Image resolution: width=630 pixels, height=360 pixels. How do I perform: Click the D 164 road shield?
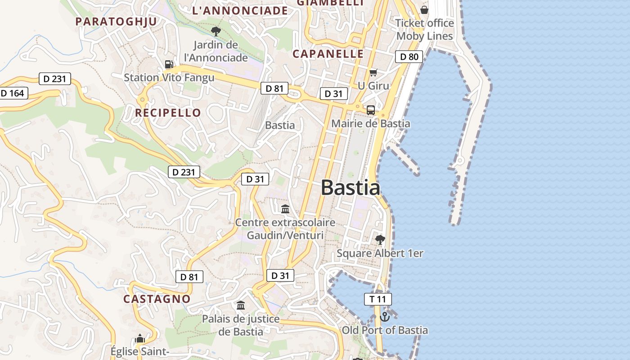pos(13,93)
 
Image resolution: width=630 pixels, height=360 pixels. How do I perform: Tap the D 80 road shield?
pos(409,57)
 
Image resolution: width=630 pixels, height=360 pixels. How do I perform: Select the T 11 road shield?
pos(378,299)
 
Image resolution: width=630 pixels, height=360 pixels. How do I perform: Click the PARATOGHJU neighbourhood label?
pos(116,21)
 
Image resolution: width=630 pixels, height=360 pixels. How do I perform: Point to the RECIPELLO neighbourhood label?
pos(168,112)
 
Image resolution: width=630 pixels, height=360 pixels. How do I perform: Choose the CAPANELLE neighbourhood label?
pos(328,54)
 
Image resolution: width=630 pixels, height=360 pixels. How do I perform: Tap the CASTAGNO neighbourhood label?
pos(157,299)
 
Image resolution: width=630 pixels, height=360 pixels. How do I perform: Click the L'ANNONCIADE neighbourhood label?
pos(240,10)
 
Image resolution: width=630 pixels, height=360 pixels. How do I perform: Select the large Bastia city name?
pos(351,188)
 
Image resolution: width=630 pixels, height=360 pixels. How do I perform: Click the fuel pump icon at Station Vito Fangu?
pos(169,64)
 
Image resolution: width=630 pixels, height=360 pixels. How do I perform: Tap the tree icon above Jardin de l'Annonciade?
pos(216,31)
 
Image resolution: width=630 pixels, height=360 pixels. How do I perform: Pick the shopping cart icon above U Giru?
pos(373,72)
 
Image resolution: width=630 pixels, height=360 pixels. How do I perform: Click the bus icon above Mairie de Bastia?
pos(371,110)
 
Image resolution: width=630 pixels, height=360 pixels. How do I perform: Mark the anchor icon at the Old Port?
pos(385,317)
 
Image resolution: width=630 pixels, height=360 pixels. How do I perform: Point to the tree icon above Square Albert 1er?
pos(380,239)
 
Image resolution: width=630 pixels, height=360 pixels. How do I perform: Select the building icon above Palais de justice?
pos(241,306)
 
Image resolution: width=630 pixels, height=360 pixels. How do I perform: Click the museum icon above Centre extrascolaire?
pos(285,209)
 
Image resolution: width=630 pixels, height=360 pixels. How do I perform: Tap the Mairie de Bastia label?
pos(371,123)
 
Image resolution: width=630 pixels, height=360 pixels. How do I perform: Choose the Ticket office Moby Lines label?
pos(424,29)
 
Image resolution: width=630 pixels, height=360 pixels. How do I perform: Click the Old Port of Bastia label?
pos(385,330)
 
